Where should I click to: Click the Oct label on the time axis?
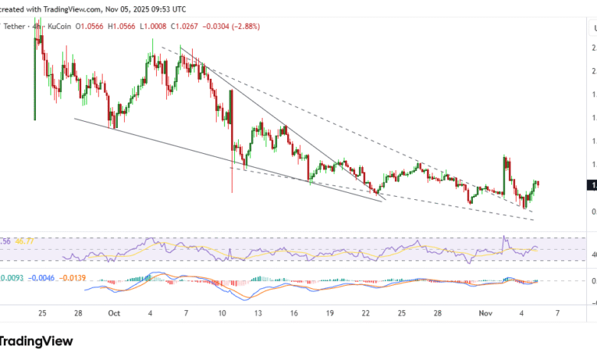pos(115,313)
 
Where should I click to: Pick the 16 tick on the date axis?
pos(294,313)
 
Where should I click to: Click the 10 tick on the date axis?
pos(223,313)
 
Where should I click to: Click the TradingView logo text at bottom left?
pos(38,341)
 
